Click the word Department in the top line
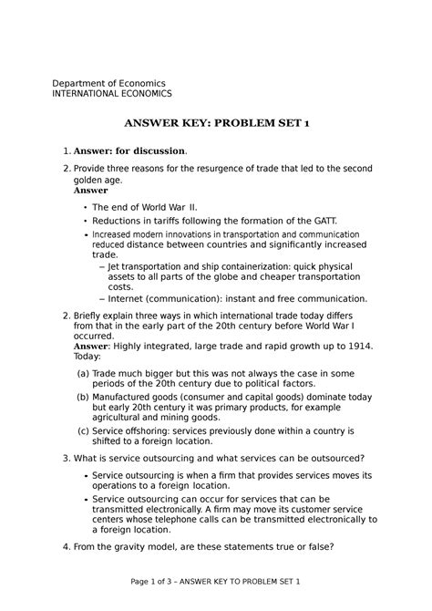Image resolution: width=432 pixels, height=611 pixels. pos(82,83)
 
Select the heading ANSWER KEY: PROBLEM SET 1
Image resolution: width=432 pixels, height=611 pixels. pos(215,123)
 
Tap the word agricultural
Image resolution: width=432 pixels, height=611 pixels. pos(127,419)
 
